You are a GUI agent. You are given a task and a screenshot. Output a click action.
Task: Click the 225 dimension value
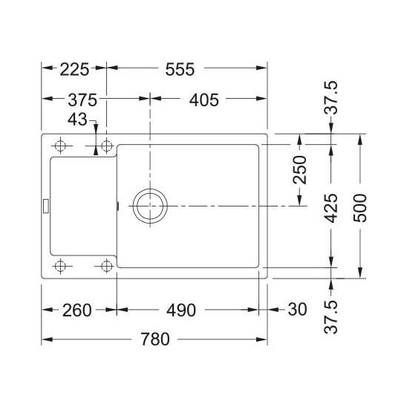74,69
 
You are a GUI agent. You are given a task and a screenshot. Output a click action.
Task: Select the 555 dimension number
180,69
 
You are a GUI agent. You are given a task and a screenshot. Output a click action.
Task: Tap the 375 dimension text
82,100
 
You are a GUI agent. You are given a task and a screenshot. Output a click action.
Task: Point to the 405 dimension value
204,100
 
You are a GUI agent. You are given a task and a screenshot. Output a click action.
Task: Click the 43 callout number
77,120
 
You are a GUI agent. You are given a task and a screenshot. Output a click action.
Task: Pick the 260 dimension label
76,310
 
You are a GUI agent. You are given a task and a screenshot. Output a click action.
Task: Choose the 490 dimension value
181,310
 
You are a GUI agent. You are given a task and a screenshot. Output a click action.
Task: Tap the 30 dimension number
298,310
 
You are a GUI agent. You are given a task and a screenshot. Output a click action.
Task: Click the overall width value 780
155,339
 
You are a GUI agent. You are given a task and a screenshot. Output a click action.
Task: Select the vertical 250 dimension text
299,170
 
